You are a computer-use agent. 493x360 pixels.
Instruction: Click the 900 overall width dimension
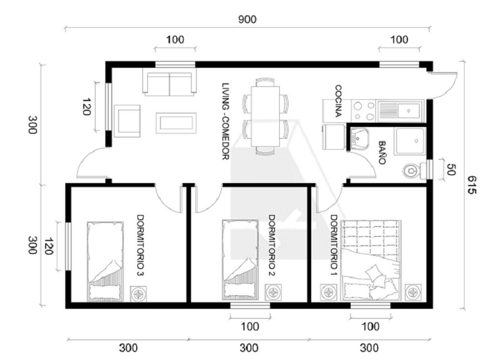point(247,20)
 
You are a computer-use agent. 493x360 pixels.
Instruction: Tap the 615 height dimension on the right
point(471,184)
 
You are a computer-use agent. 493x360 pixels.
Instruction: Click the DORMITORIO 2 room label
point(272,245)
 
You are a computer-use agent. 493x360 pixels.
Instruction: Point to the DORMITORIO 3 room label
point(141,245)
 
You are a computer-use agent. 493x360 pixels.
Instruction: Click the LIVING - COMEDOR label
point(226,121)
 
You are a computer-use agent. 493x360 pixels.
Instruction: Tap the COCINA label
point(338,100)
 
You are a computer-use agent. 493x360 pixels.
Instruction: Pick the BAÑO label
point(382,152)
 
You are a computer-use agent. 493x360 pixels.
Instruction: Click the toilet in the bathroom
point(415,170)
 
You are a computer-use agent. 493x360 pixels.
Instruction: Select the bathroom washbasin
point(359,138)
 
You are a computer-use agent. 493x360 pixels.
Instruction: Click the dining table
point(266,117)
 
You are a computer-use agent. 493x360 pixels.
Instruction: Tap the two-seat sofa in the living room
point(169,82)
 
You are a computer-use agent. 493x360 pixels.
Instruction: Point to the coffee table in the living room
point(176,123)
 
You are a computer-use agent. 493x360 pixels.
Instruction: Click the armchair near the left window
point(127,121)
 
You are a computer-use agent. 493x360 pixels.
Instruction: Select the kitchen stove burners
point(364,111)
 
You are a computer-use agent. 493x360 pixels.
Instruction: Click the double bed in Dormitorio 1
point(372,260)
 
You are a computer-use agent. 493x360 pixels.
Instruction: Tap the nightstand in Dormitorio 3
point(138,293)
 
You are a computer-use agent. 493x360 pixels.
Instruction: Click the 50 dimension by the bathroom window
point(450,170)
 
